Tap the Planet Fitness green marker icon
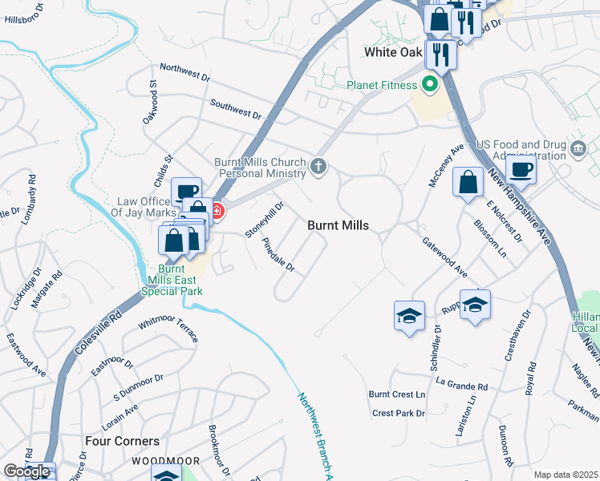coord(430,83)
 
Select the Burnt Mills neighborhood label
coord(339,226)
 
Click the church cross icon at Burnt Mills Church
coord(318,167)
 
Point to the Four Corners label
coord(123,441)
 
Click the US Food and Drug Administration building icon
coord(578,148)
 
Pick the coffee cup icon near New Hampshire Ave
coord(521,170)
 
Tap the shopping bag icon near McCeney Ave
coord(468,182)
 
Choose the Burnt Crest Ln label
coord(396,394)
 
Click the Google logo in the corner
coord(27,471)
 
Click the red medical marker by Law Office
coord(216,212)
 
